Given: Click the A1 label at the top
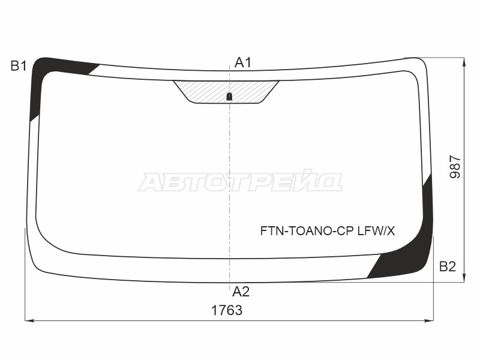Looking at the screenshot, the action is pyautogui.click(x=243, y=63).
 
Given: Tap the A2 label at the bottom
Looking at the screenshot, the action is pyautogui.click(x=241, y=292).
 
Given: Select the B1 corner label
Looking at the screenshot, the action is pyautogui.click(x=19, y=66).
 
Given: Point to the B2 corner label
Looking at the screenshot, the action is pyautogui.click(x=448, y=266).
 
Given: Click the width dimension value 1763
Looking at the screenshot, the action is pyautogui.click(x=227, y=310).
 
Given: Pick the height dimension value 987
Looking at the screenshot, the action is pyautogui.click(x=455, y=167).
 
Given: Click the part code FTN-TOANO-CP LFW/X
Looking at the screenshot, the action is pyautogui.click(x=328, y=231).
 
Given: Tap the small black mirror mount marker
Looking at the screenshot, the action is pyautogui.click(x=229, y=97).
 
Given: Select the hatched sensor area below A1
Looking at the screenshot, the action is pyautogui.click(x=227, y=91).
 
